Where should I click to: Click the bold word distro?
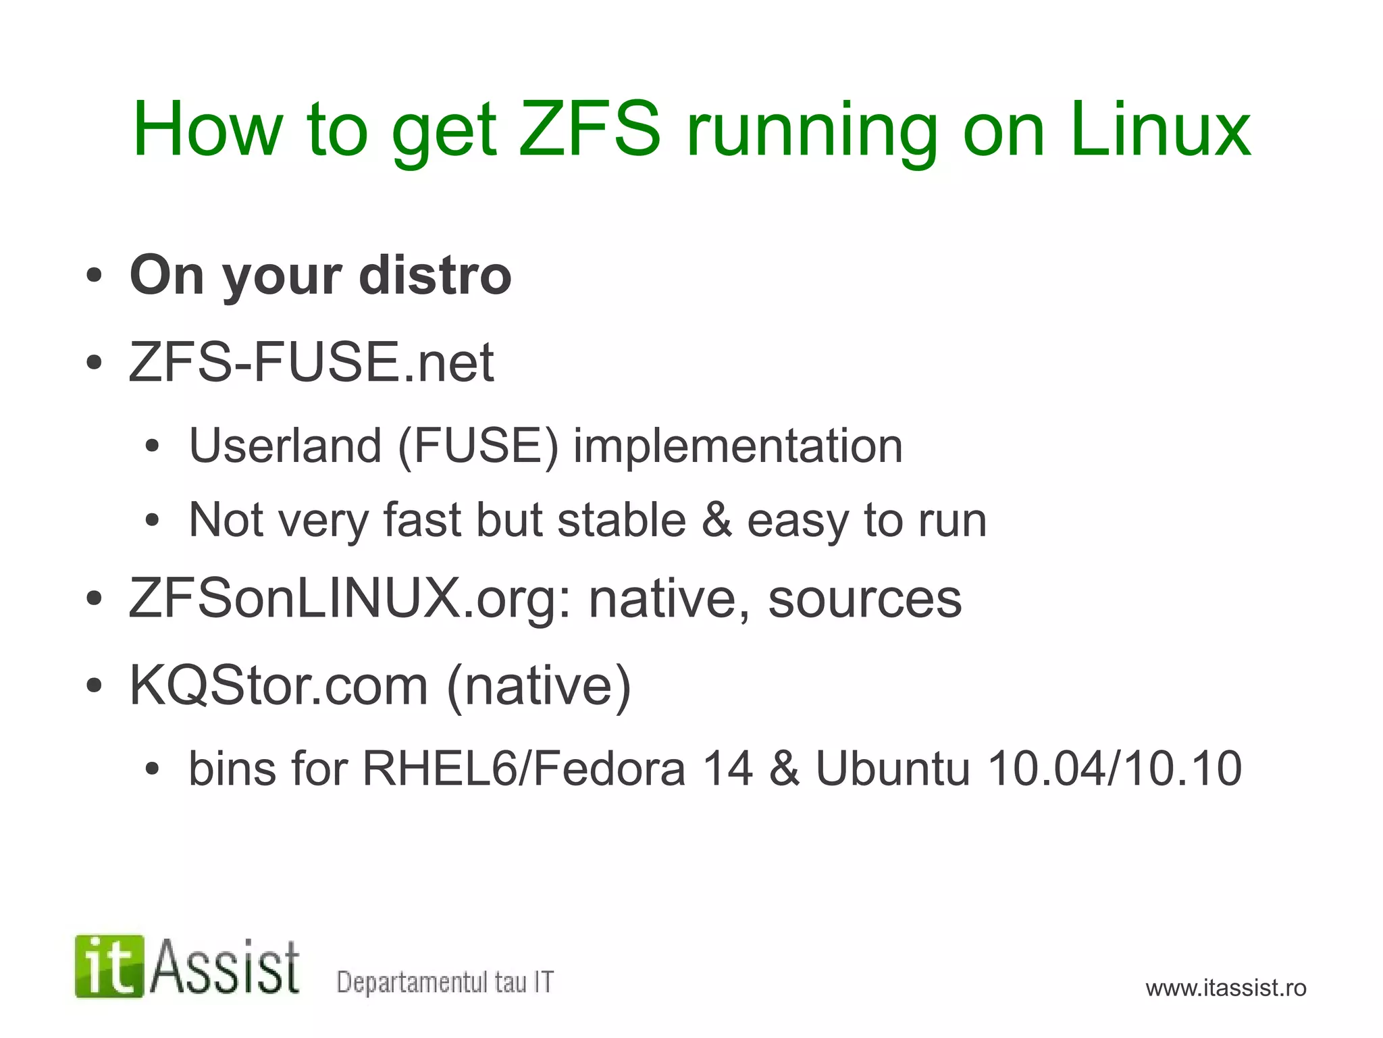pyautogui.click(x=436, y=276)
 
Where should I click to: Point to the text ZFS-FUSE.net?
pyautogui.click(x=311, y=362)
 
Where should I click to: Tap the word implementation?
pyautogui.click(x=737, y=446)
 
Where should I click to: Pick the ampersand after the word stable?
pyautogui.click(x=716, y=520)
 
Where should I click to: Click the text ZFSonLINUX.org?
pyautogui.click(x=350, y=598)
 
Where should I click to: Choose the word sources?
pyautogui.click(x=864, y=598)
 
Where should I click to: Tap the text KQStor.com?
pyautogui.click(x=278, y=685)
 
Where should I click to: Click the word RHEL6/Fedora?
pyautogui.click(x=524, y=769)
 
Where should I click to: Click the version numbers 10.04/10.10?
pyautogui.click(x=1114, y=769)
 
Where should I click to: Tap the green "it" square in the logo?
pyautogui.click(x=109, y=966)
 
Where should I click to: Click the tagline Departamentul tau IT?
pyautogui.click(x=445, y=982)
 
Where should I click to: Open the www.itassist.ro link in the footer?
pyautogui.click(x=1226, y=988)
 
